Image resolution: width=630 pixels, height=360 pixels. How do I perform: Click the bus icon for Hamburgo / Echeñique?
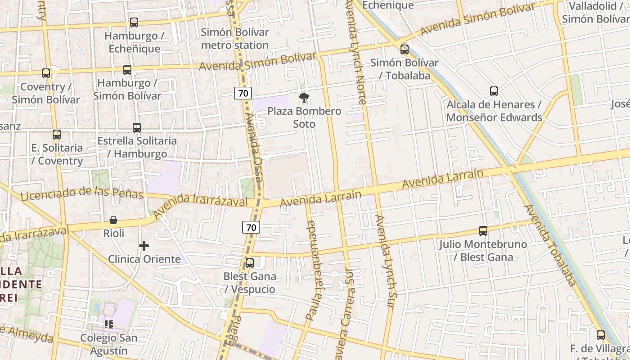click(x=134, y=22)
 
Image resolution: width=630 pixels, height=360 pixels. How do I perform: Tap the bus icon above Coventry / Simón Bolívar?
click(x=46, y=73)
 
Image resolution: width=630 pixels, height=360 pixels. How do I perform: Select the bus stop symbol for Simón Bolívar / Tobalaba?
click(x=405, y=49)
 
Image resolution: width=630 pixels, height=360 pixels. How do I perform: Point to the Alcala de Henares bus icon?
click(x=494, y=91)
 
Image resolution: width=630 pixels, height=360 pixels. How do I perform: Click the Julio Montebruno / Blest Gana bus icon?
click(x=483, y=231)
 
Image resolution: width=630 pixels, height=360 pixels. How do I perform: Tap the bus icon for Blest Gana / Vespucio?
click(x=249, y=263)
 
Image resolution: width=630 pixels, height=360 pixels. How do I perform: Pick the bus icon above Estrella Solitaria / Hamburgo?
click(x=137, y=128)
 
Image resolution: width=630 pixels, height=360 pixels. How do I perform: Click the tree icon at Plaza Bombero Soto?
click(x=304, y=97)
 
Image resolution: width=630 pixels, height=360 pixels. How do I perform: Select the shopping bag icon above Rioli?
click(x=113, y=220)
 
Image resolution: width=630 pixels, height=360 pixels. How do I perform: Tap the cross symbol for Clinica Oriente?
click(x=144, y=246)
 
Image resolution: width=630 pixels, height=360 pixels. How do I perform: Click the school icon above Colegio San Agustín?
click(x=109, y=324)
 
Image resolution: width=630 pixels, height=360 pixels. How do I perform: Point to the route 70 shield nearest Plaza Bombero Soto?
click(x=243, y=94)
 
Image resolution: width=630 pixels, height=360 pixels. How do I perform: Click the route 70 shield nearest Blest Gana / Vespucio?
click(x=251, y=227)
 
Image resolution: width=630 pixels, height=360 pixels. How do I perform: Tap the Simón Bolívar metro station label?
click(x=235, y=39)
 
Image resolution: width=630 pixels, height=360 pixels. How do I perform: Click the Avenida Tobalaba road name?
click(x=549, y=246)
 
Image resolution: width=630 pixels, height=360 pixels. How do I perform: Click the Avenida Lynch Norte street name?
click(x=356, y=52)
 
